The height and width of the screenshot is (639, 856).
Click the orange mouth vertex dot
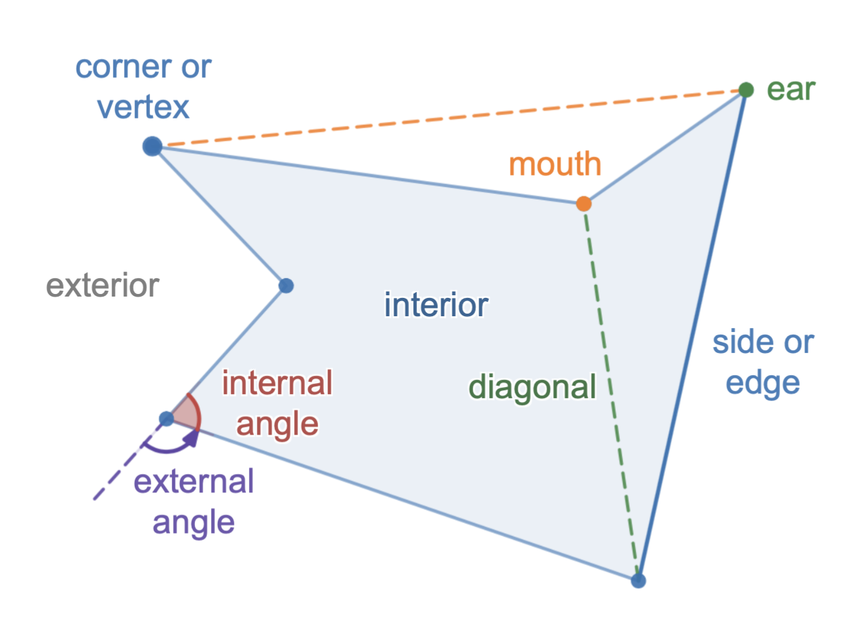pyautogui.click(x=584, y=204)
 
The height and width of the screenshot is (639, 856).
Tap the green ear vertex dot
pyautogui.click(x=746, y=90)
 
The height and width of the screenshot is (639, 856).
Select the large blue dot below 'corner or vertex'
pyautogui.click(x=152, y=146)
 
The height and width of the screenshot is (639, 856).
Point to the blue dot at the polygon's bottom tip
pyautogui.click(x=638, y=580)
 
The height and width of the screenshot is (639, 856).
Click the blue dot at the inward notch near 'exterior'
pyautogui.click(x=286, y=285)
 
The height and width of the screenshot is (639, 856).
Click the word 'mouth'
pyautogui.click(x=555, y=164)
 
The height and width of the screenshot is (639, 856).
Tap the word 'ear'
pyautogui.click(x=791, y=90)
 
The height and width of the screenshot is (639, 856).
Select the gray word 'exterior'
pyautogui.click(x=103, y=285)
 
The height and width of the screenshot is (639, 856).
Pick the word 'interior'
pyautogui.click(x=436, y=305)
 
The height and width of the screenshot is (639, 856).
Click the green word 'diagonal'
pyautogui.click(x=532, y=387)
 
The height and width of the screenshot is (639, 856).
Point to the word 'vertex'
pyautogui.click(x=143, y=107)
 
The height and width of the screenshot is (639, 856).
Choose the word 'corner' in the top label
pyautogui.click(x=120, y=67)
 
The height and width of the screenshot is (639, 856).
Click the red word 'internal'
pyautogui.click(x=277, y=383)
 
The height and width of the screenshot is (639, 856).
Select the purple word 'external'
pyautogui.click(x=194, y=482)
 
